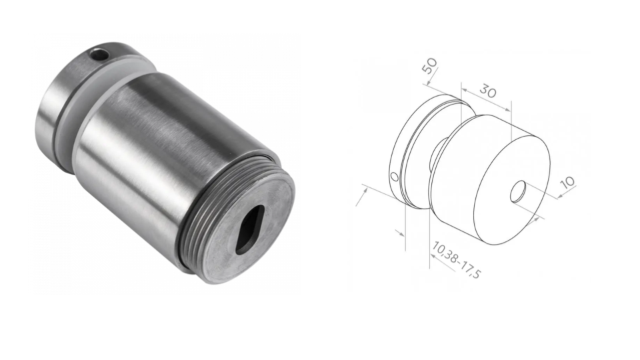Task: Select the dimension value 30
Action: click(489, 92)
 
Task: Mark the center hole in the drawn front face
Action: click(518, 193)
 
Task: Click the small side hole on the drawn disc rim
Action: click(393, 177)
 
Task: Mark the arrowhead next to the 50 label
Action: click(427, 85)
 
